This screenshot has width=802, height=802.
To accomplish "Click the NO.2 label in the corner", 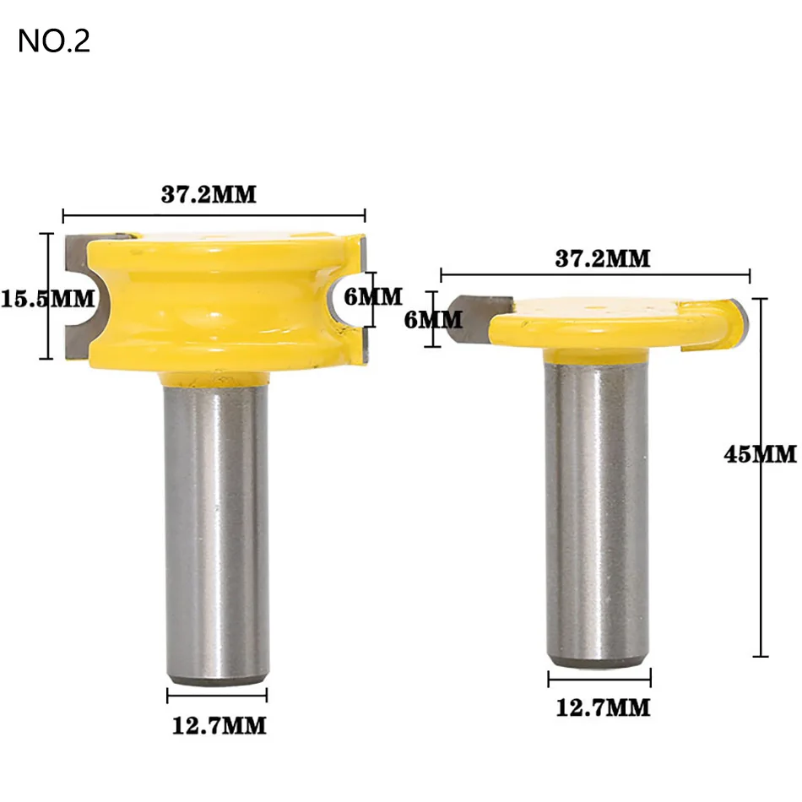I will coord(53,41).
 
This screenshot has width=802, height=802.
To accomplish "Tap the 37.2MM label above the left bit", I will coord(209,195).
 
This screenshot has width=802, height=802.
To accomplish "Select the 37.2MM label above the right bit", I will coord(602,259).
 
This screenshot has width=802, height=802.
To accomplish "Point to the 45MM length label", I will coord(760,454).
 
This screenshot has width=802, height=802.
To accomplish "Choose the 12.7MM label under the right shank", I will coord(603,707).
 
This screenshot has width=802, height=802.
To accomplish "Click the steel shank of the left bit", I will coord(217,523).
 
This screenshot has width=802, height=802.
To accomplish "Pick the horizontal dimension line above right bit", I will coord(595,274).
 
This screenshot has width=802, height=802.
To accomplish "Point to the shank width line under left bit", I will coord(217,695).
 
